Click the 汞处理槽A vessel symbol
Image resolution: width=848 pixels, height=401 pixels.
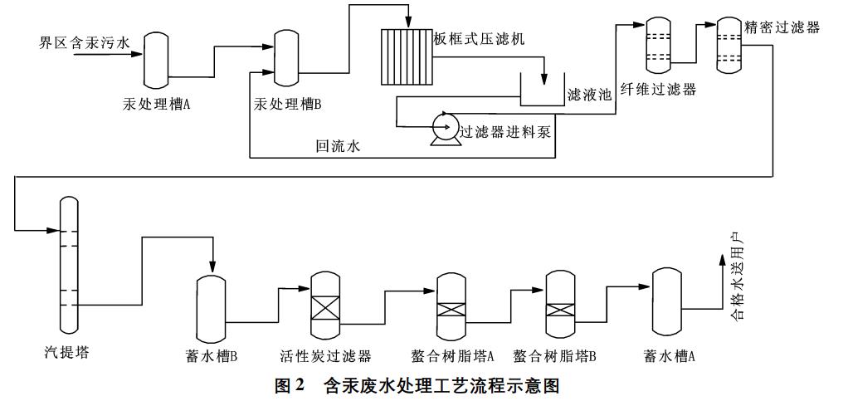tap(156, 59)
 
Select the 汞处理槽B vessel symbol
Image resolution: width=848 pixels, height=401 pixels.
tap(286, 59)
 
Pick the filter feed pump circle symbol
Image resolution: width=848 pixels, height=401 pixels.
tap(444, 125)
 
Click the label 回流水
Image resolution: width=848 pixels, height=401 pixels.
tap(338, 147)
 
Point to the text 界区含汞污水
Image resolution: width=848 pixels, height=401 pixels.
tap(84, 41)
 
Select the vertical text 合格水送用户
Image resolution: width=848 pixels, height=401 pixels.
tap(735, 281)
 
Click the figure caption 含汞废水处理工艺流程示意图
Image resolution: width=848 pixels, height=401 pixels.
tap(441, 385)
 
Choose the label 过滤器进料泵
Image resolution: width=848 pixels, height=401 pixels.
tap(506, 130)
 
